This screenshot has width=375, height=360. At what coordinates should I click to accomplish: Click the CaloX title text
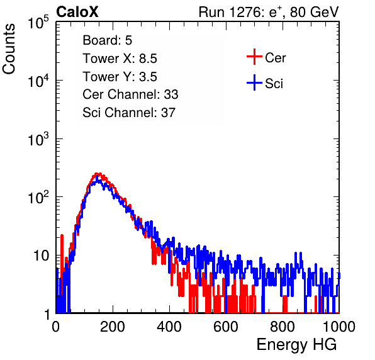click(77, 12)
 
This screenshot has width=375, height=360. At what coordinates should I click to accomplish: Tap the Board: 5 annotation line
click(108, 40)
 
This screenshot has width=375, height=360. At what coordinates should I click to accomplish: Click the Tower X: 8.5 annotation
click(120, 59)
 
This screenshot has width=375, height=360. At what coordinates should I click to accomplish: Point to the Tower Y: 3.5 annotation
click(120, 77)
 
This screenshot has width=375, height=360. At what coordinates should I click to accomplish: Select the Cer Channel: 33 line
click(130, 94)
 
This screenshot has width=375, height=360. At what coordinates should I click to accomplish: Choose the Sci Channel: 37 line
click(129, 113)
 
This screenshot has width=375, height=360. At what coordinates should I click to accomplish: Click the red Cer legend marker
click(254, 57)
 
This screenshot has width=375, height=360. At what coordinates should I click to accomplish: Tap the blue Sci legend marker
click(254, 83)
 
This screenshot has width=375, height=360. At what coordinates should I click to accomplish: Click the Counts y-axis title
click(9, 49)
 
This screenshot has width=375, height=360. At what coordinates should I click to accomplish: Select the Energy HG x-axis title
click(296, 345)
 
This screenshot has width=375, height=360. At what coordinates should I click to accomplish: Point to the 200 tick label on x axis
click(113, 327)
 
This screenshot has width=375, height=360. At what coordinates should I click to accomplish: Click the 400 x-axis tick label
click(169, 327)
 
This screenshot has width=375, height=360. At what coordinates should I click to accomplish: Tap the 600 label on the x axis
click(226, 327)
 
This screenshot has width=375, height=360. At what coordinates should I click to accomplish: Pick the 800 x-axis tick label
click(283, 327)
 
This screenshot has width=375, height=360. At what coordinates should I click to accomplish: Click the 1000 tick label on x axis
click(339, 327)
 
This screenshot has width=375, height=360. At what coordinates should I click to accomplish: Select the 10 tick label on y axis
click(42, 256)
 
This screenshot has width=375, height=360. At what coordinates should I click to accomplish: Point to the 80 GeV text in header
click(314, 12)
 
